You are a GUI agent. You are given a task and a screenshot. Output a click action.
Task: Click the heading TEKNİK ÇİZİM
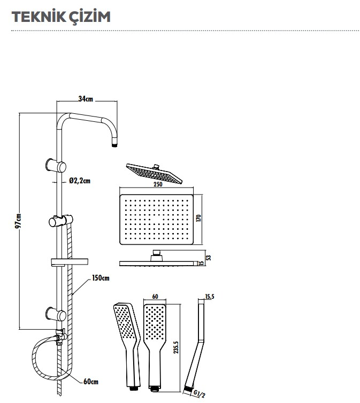coord(60,17)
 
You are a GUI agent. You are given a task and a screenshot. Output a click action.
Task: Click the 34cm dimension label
coord(86,99)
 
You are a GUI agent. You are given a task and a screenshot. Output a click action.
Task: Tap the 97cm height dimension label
coord(18,220)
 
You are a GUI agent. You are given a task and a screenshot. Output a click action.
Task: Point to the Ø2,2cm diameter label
coord(80,181)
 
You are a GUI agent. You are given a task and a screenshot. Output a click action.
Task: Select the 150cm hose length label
coord(101,278)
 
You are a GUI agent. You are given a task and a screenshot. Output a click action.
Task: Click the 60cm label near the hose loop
coord(91,382)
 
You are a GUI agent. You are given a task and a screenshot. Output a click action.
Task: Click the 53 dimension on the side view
coord(209,258)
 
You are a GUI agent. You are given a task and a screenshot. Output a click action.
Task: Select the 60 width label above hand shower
coord(156,296)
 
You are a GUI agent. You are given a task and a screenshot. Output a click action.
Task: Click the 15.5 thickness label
coord(209,296)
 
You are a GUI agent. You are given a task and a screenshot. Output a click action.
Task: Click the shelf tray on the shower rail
coord(69,262)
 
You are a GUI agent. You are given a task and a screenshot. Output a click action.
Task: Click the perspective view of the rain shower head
coord(154,173)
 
